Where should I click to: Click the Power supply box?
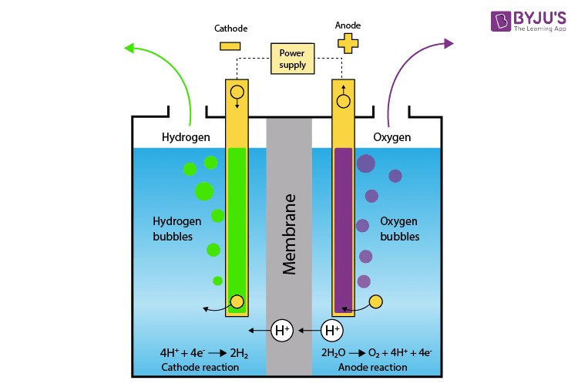(x=293, y=59)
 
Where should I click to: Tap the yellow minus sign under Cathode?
(x=230, y=45)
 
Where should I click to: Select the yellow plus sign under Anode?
(x=348, y=43)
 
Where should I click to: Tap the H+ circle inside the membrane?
(x=282, y=331)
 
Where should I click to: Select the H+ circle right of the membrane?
(x=332, y=331)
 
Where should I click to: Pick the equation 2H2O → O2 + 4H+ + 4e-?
(x=376, y=353)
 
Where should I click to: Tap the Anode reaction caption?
(x=372, y=368)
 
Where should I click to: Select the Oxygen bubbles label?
(x=399, y=229)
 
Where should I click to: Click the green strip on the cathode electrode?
(x=237, y=224)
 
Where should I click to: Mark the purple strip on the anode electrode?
(x=343, y=224)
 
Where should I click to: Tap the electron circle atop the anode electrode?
(x=344, y=100)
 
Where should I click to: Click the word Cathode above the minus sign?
(x=230, y=29)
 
